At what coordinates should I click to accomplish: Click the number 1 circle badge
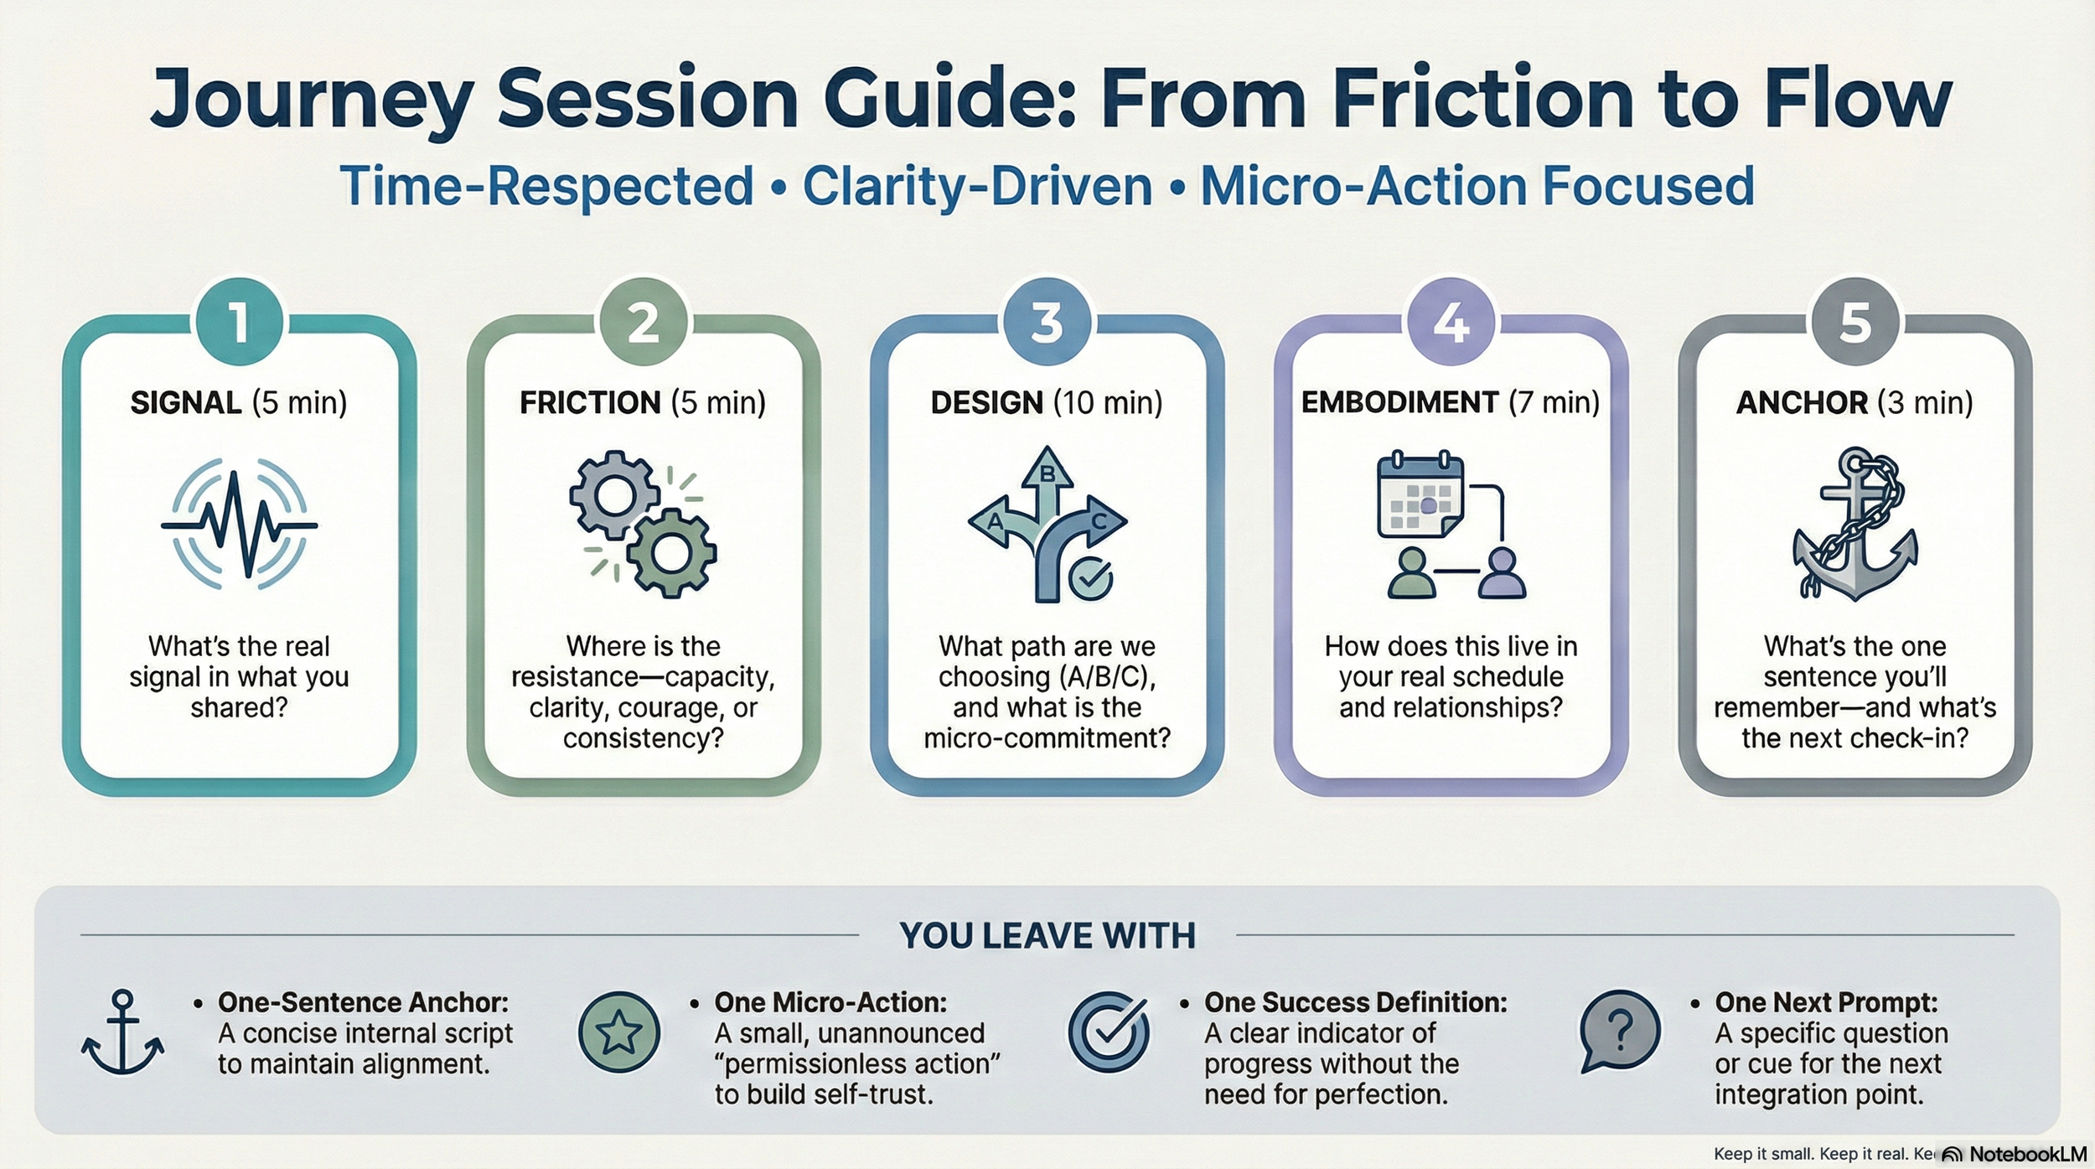[240, 323]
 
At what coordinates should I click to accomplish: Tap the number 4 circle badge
[1451, 323]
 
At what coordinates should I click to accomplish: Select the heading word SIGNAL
[186, 403]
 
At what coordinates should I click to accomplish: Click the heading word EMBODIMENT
[1399, 403]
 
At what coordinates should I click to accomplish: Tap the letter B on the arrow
[1047, 474]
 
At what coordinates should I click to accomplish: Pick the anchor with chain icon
[1855, 524]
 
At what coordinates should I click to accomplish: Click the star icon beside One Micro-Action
[618, 1032]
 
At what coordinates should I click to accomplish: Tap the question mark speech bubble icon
[1620, 1031]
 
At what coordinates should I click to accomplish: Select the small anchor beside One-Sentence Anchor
[122, 1032]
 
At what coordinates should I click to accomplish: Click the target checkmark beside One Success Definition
[1109, 1032]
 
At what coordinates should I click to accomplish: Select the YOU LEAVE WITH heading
[1047, 936]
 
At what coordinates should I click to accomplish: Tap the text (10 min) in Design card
[1108, 403]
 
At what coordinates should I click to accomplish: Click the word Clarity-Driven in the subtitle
[977, 186]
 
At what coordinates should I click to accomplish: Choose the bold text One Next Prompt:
[1826, 1002]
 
